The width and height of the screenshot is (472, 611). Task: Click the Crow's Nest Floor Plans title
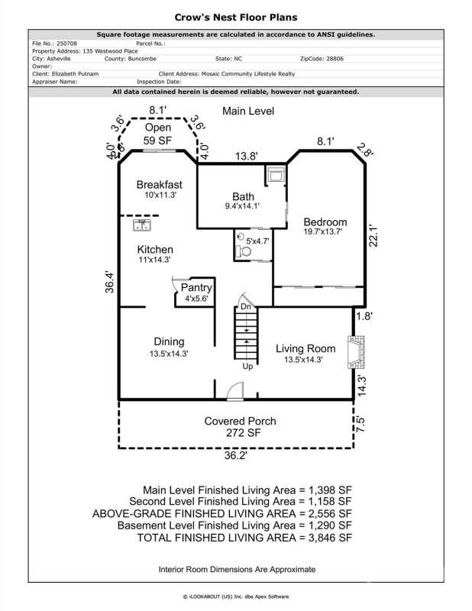coord(235,16)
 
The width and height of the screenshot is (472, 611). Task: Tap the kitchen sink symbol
coord(143,225)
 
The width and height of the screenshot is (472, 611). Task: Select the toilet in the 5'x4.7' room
coord(244,250)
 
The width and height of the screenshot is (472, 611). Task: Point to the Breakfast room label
coord(159,185)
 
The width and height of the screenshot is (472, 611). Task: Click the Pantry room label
coord(196,288)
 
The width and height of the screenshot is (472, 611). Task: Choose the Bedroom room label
coord(325,222)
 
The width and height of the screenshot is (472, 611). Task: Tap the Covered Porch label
coord(240,421)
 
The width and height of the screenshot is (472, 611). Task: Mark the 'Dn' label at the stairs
coord(245,306)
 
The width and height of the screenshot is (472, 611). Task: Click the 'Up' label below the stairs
coord(247,366)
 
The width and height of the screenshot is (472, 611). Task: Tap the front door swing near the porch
coord(234,390)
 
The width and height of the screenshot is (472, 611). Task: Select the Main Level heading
coord(247,112)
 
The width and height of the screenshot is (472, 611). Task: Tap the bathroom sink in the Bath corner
coord(274,175)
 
